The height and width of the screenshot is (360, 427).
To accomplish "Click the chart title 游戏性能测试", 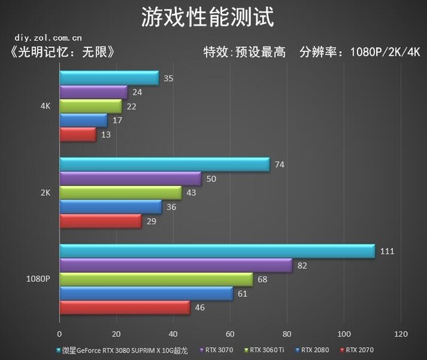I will tap(207, 17).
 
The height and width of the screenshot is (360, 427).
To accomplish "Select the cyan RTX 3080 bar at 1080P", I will tap(217, 251).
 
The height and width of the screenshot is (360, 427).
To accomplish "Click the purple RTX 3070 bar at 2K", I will tap(130, 178).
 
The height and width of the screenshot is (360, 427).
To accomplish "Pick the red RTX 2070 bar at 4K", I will tap(77, 134).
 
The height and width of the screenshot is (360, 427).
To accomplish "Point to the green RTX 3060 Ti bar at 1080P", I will tap(156, 279).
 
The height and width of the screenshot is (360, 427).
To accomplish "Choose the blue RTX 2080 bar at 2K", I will tap(110, 207).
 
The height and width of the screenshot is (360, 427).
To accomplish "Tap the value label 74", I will tap(280, 164).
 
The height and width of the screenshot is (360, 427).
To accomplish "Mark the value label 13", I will tap(106, 134).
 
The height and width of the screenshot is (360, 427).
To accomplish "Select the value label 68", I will tap(262, 279).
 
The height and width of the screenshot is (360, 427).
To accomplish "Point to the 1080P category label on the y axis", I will tap(38, 279).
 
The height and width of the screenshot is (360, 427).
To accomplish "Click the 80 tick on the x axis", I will tap(287, 333).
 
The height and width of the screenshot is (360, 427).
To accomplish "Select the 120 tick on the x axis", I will tap(401, 333).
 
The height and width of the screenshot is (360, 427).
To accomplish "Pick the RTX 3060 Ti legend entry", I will tap(265, 349).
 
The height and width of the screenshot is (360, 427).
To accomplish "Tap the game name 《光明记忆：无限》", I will tap(63, 52).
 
